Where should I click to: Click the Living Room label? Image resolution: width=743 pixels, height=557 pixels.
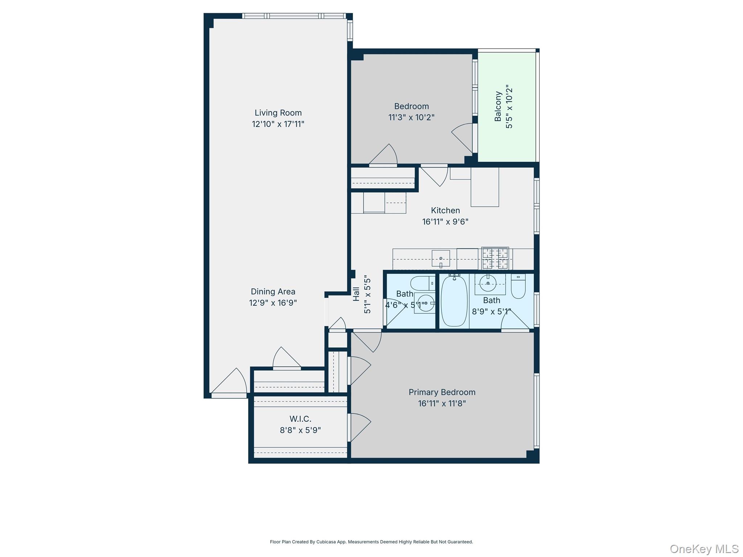tap(278, 113)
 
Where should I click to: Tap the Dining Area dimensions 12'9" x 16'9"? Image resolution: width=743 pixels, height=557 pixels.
tap(273, 303)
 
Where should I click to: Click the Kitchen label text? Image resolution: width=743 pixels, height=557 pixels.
tap(445, 210)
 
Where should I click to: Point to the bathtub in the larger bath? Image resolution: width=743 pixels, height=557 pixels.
tap(454, 301)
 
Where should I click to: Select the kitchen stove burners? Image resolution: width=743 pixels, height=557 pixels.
tap(495, 258)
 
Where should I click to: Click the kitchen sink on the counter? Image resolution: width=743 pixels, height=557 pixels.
tap(441, 258)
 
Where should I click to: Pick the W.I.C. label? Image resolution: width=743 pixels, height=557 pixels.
tap(300, 419)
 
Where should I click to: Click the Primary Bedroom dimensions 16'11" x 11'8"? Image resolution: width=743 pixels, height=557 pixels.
tap(442, 403)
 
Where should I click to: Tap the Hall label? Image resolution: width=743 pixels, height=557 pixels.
tap(356, 294)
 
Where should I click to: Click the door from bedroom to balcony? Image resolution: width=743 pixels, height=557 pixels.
tap(464, 138)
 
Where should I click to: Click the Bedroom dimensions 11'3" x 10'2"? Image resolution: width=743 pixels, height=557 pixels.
tap(411, 117)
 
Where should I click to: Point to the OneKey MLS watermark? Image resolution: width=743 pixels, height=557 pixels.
tap(704, 549)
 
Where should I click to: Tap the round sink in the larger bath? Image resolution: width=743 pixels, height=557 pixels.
tap(488, 283)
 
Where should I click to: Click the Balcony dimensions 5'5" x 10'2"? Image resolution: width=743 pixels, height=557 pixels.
tap(509, 107)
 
